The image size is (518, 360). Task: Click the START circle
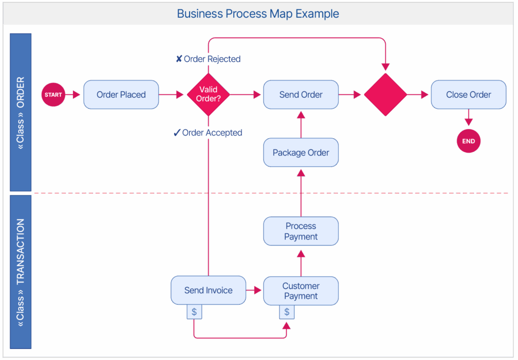point(53,95)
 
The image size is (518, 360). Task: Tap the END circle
point(468,141)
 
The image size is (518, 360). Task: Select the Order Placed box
point(121,95)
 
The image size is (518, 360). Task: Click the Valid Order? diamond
point(208,95)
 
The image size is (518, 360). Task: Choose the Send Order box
point(301,95)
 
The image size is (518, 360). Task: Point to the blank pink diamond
point(385,95)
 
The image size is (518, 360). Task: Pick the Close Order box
point(468,95)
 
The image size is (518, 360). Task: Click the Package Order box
point(301,152)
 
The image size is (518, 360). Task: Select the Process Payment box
point(301,231)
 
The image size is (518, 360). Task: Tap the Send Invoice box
point(208,290)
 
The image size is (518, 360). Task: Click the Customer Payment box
point(301,291)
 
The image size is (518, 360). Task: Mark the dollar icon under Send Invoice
point(194,312)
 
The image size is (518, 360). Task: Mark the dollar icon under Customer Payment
point(287,312)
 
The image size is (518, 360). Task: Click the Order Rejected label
point(208,59)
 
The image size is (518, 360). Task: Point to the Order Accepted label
point(208,133)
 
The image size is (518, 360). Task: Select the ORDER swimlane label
point(21,112)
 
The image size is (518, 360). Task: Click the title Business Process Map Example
point(258,14)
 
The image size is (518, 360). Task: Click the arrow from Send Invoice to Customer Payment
point(254,291)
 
